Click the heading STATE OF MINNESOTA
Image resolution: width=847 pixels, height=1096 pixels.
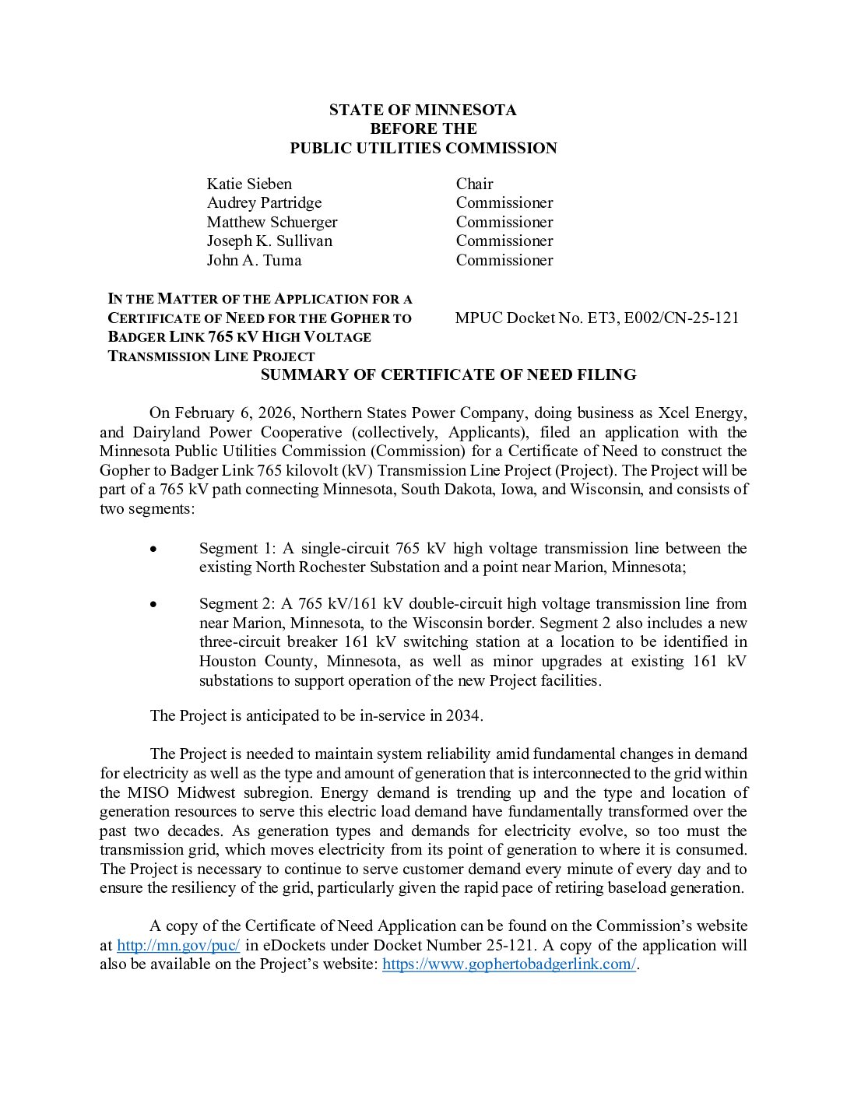click(423, 110)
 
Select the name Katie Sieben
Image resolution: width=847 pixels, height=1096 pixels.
click(249, 184)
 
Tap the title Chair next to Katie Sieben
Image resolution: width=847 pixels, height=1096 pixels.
click(474, 184)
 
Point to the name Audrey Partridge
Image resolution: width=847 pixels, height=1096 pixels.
click(264, 202)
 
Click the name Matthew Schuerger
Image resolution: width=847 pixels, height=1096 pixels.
click(272, 222)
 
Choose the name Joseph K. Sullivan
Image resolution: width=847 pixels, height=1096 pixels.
click(269, 241)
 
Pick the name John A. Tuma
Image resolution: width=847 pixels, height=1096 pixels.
click(254, 260)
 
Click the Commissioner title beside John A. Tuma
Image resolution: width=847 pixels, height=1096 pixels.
click(504, 260)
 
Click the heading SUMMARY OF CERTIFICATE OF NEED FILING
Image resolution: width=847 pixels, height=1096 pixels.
click(448, 374)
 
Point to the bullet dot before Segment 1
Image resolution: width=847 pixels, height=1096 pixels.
click(154, 549)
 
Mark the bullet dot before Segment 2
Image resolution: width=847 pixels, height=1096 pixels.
click(154, 604)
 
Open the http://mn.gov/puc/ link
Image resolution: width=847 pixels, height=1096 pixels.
click(178, 945)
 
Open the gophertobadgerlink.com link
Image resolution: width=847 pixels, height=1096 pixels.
click(509, 964)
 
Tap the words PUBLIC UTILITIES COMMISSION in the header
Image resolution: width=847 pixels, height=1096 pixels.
click(423, 148)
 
